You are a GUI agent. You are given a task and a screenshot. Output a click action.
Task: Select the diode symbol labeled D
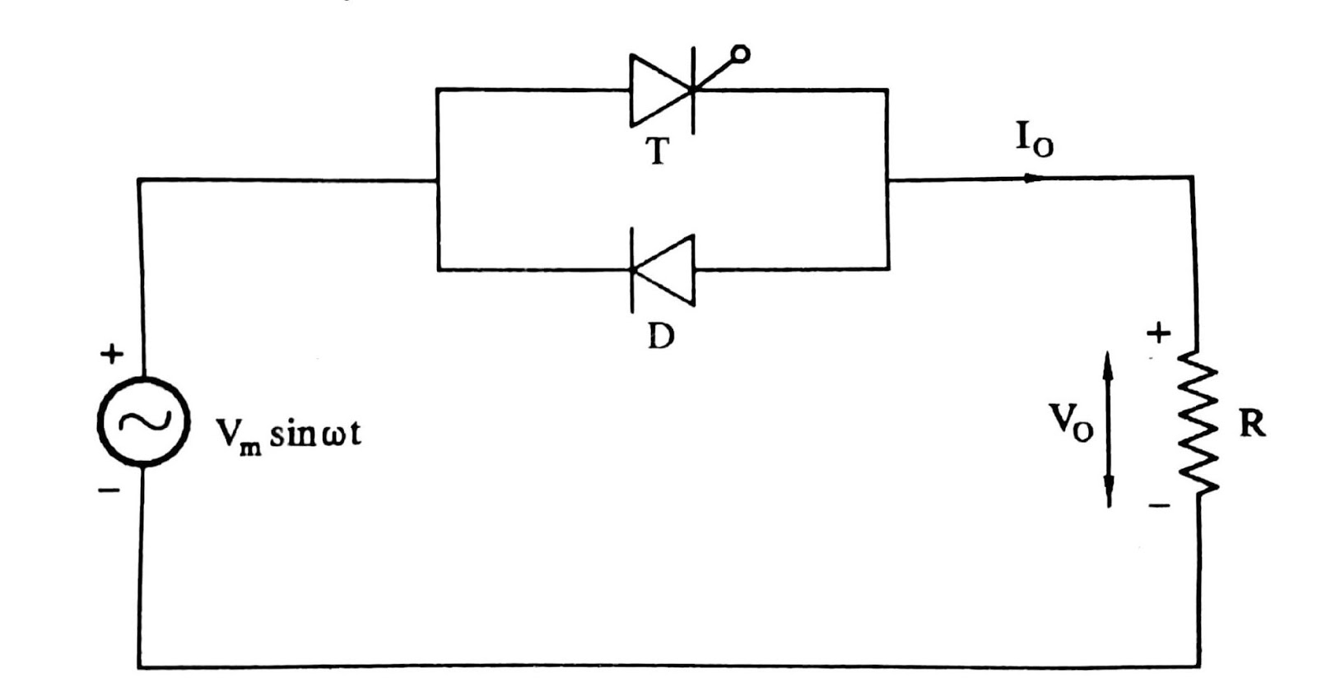[663, 269]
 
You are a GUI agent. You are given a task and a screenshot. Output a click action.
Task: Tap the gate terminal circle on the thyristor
[740, 54]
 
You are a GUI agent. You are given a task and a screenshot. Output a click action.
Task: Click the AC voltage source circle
[144, 421]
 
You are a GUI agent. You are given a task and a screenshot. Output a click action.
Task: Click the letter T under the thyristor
[657, 151]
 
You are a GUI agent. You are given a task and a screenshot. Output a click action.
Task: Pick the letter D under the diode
[660, 335]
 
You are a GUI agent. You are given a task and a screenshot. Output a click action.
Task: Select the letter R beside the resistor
[1251, 425]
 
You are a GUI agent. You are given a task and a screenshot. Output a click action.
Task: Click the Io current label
[1034, 140]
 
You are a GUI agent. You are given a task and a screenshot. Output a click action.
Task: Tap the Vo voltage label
[1070, 422]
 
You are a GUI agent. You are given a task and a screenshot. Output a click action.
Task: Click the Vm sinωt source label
[288, 434]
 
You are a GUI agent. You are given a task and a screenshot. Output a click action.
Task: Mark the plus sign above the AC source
[112, 355]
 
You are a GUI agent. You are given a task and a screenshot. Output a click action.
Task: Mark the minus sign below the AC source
[109, 491]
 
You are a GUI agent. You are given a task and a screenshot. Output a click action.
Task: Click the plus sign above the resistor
[1158, 333]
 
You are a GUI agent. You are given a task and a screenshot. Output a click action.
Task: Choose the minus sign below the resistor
[1159, 505]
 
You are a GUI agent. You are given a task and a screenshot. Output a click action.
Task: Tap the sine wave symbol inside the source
[144, 421]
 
